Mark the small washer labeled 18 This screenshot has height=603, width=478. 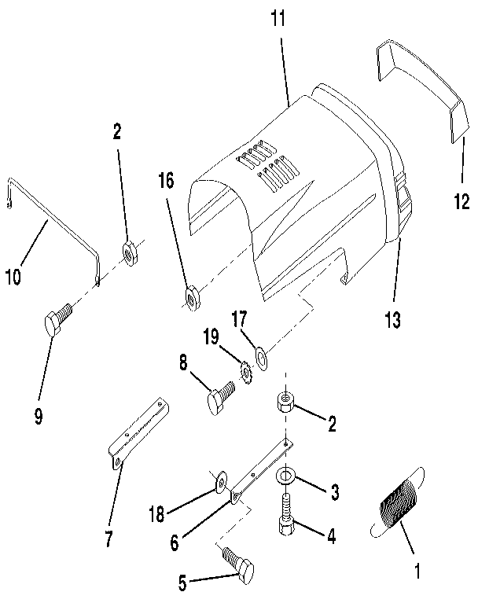tap(221, 477)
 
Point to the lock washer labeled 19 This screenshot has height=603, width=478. tap(245, 368)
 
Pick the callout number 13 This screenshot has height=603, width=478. tap(392, 320)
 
